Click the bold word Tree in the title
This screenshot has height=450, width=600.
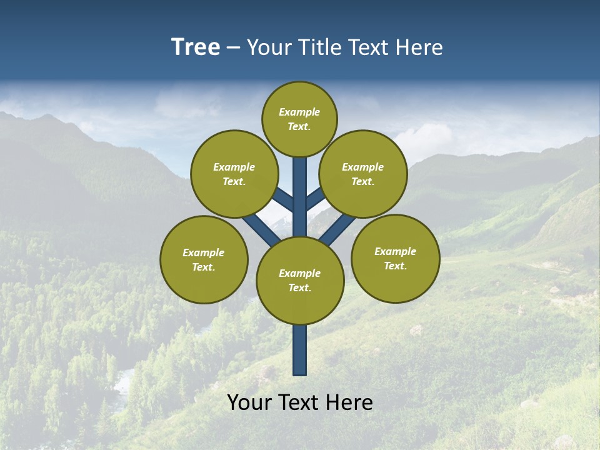tap(196, 47)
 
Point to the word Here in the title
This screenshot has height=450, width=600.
tap(419, 47)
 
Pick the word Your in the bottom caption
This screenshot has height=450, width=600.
tap(249, 402)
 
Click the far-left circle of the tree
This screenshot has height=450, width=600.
tap(204, 259)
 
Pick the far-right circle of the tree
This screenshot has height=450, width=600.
tap(396, 258)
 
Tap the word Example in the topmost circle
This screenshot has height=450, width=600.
tap(299, 112)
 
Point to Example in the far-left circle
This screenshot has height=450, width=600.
tap(203, 253)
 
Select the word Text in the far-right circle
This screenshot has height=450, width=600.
tap(394, 266)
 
